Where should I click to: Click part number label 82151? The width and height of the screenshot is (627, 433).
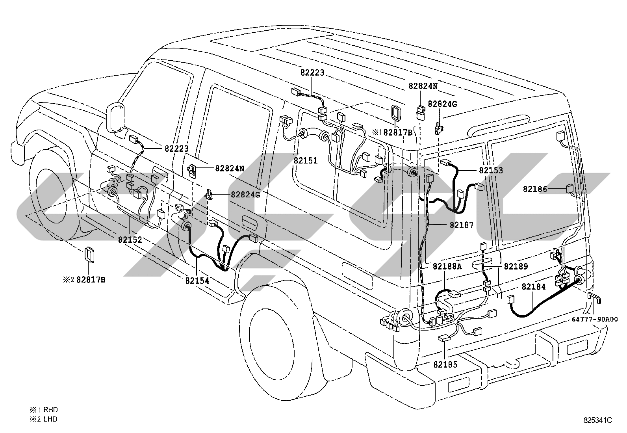point(305,160)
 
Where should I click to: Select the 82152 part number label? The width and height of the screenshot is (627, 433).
point(130,240)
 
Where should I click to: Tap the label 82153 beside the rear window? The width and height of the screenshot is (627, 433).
point(491,170)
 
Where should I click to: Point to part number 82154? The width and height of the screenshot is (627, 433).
point(197,281)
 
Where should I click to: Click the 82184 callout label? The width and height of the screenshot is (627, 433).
point(534,286)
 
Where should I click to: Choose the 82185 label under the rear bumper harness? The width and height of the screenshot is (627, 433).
point(445,364)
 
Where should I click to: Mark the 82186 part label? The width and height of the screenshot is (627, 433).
point(535,190)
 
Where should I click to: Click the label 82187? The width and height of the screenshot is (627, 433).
point(462,225)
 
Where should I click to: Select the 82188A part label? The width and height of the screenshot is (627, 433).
point(447,266)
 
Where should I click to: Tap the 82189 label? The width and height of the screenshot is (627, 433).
point(516,266)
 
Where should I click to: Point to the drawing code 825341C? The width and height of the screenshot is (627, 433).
point(597,420)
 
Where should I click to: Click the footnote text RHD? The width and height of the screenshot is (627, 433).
point(51,410)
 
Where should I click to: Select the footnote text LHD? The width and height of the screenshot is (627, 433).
point(50,419)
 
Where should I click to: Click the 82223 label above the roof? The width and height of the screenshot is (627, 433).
point(312,72)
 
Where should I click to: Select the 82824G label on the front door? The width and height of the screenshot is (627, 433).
point(245,194)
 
